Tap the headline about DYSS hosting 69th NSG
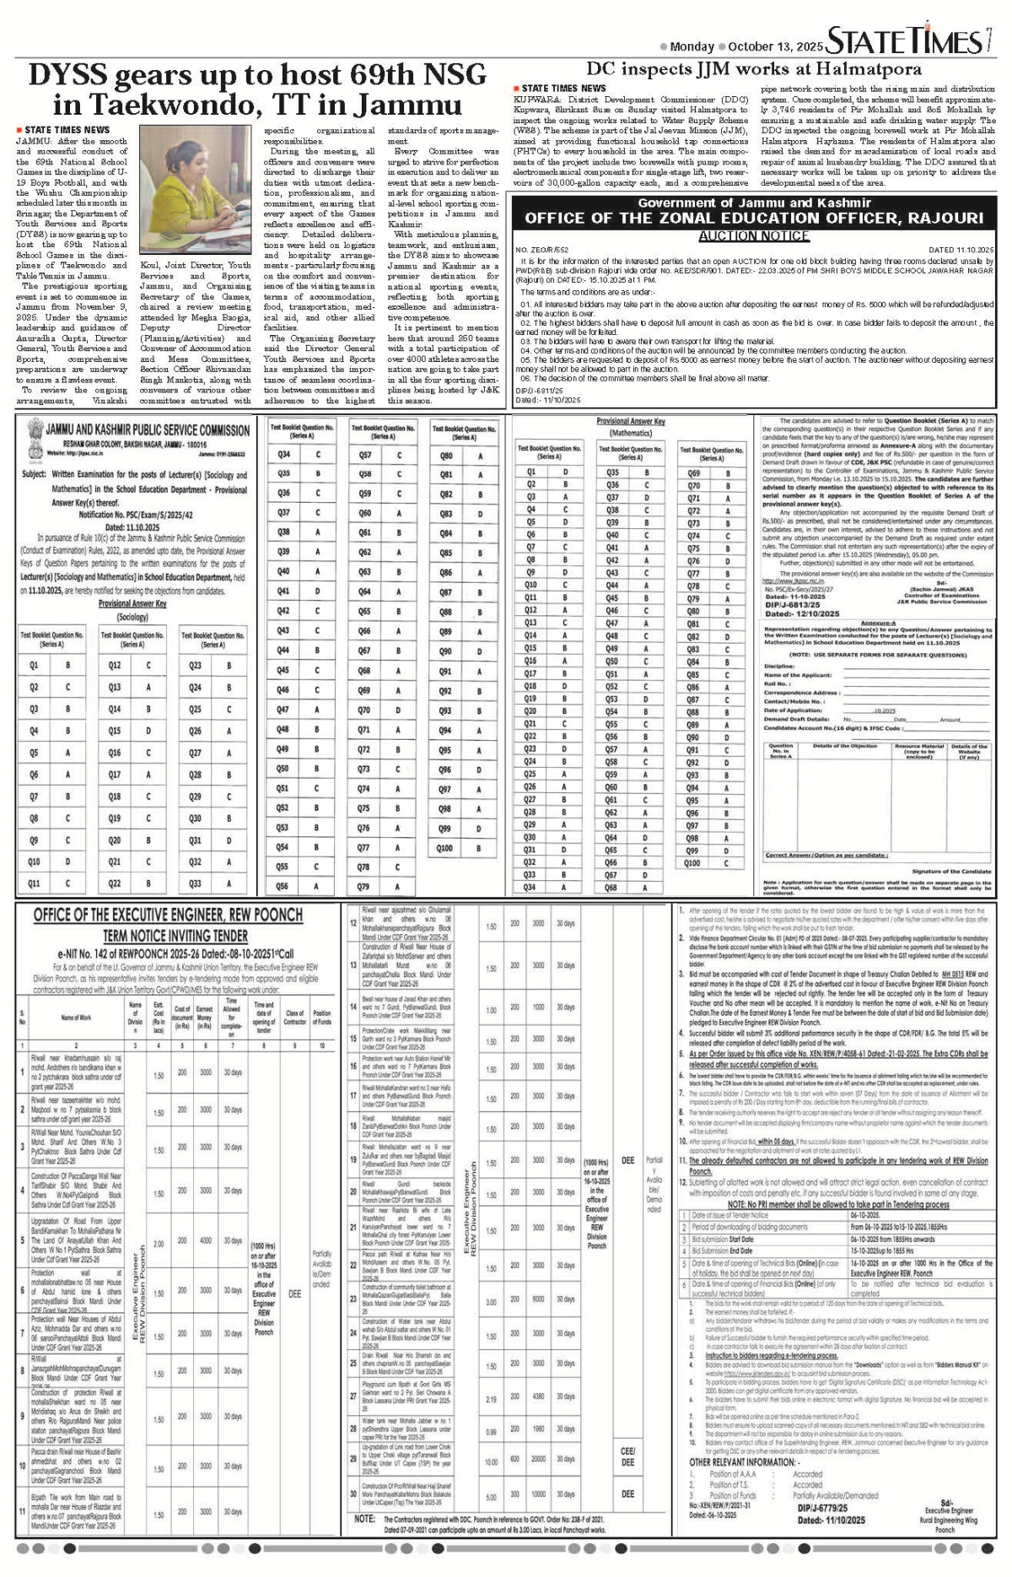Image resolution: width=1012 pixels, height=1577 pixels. [x=257, y=90]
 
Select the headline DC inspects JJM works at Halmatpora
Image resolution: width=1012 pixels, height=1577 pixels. [x=754, y=69]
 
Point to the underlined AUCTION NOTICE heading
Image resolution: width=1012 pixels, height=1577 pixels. [x=754, y=236]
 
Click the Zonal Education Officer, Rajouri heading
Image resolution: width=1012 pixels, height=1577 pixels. [x=754, y=218]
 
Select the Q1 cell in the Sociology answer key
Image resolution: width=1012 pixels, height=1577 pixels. [x=35, y=666]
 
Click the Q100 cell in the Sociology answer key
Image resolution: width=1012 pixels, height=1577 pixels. [x=445, y=848]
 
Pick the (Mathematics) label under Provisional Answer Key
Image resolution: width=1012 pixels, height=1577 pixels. [x=630, y=433]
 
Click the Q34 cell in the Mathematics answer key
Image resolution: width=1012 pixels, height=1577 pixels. [x=530, y=887]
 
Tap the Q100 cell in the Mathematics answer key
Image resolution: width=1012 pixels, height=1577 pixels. [x=692, y=863]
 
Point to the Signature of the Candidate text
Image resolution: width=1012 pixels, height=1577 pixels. [x=950, y=871]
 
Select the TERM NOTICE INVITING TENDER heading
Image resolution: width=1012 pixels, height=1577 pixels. [x=175, y=936]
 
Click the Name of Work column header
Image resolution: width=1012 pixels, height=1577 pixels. [x=76, y=1018]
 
